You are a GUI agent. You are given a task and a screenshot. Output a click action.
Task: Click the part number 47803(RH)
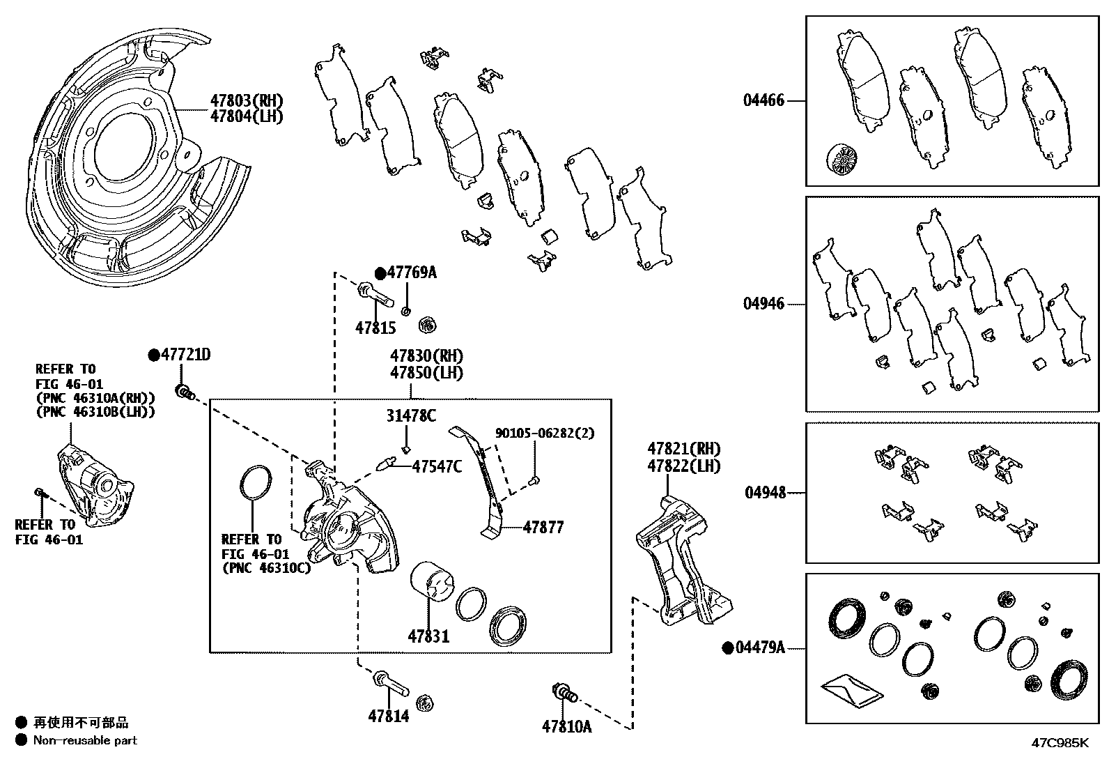pos(247,101)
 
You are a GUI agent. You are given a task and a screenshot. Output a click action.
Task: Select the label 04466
pos(763,100)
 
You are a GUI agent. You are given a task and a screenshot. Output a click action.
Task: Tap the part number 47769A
pos(412,273)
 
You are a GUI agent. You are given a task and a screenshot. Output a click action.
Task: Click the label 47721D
pos(185,355)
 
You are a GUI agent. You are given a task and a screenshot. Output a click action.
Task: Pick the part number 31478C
pos(411,416)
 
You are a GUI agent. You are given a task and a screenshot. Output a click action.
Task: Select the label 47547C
pos(437,466)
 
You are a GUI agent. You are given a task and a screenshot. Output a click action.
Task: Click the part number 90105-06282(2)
pos(545,432)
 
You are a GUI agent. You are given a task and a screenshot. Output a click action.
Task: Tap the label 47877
pos(543,527)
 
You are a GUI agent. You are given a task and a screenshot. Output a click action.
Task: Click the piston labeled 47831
pos(432,582)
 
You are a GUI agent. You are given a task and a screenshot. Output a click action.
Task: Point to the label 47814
pos(388,715)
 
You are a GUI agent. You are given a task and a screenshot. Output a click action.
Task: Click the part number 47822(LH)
pos(683,466)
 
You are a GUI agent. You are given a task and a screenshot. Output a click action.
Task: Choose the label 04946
pos(763,304)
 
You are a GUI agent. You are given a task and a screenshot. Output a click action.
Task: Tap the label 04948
pos(765,493)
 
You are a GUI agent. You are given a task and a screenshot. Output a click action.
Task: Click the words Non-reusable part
pos(85,740)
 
